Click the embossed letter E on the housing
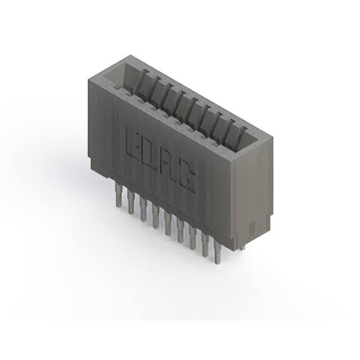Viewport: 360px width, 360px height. tap(135, 142)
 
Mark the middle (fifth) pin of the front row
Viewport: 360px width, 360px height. tap(168, 223)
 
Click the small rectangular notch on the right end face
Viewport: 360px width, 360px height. tap(252, 227)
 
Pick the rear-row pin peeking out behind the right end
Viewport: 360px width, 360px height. tap(242, 247)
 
